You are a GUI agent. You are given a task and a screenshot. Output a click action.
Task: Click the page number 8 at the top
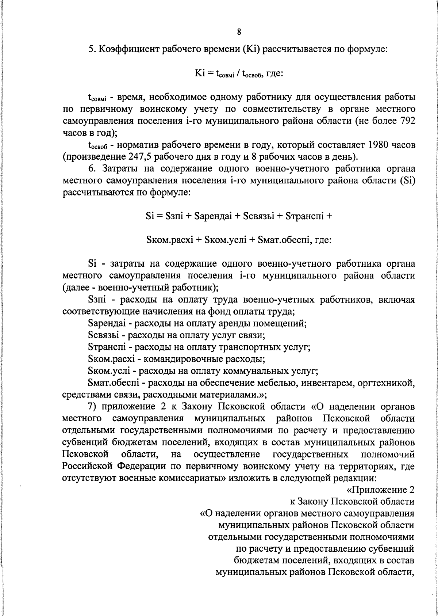point(239,32)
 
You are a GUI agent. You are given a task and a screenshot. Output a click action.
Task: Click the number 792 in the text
point(405,121)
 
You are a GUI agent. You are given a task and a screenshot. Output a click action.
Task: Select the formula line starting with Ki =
point(239,73)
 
